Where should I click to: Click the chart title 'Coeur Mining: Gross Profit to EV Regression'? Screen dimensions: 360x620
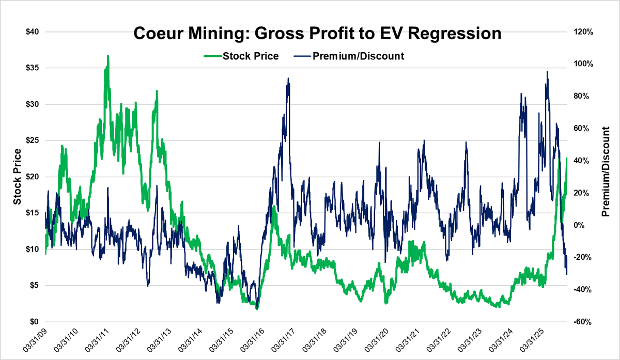[317, 34]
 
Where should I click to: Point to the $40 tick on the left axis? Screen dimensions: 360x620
[34, 32]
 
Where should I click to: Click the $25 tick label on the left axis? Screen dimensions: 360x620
[34, 140]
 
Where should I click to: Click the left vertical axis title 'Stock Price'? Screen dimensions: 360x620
[17, 177]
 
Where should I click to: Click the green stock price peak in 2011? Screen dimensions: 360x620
[108, 56]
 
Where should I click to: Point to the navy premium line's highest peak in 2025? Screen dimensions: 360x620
[547, 72]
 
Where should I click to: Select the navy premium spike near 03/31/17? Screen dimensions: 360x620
[288, 79]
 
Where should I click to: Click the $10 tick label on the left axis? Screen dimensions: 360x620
[34, 249]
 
